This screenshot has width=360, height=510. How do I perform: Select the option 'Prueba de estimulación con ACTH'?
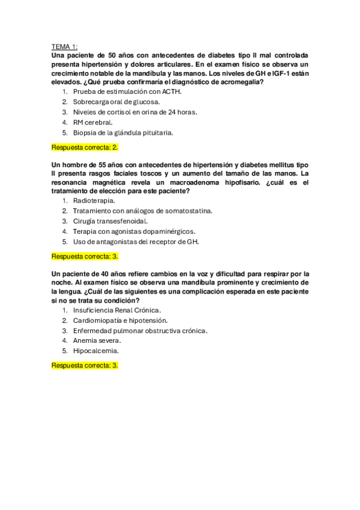127,91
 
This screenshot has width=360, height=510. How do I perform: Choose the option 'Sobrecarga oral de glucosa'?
116,102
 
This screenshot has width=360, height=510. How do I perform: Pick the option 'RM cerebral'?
93,122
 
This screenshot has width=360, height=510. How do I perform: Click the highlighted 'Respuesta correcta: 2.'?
85,147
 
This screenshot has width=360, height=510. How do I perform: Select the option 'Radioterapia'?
94,200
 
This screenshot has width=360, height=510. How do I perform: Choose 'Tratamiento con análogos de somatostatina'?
142,210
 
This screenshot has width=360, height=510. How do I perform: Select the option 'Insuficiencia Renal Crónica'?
117,310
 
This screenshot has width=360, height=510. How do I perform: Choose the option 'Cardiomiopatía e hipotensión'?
120,320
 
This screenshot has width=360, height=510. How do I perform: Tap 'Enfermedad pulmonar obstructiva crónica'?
140,330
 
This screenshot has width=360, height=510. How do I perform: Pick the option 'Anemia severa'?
97,340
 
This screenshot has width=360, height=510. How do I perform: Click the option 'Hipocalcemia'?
96,351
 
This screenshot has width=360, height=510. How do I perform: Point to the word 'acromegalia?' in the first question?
239,82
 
